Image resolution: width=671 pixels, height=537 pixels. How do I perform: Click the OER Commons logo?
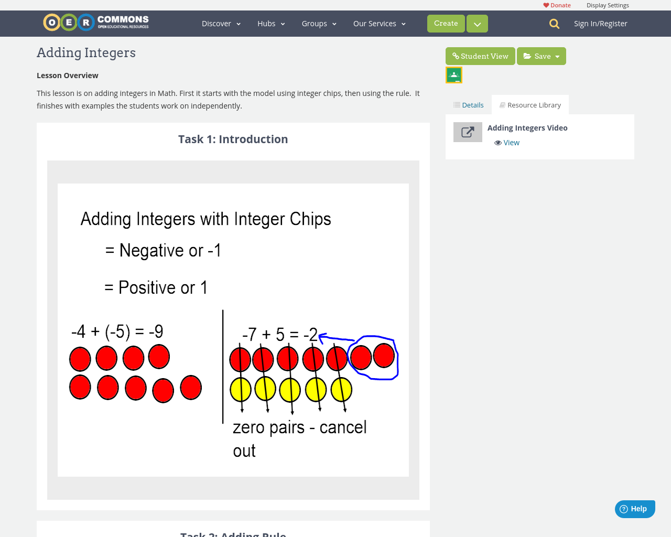[96, 23]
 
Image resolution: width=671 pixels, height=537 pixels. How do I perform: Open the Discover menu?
[221, 24]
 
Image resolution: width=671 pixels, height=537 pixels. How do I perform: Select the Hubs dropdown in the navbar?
[271, 24]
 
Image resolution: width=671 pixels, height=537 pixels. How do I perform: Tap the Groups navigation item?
[319, 24]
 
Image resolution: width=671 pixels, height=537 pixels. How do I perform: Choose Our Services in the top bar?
[379, 24]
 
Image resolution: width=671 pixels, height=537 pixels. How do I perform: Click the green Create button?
[446, 24]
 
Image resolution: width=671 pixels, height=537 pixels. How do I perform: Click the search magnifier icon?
[554, 24]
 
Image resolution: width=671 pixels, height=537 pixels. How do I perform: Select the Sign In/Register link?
[600, 24]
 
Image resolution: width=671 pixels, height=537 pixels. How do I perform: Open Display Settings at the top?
[608, 5]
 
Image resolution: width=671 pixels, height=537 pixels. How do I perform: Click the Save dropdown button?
[542, 56]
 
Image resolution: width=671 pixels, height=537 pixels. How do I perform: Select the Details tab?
[469, 105]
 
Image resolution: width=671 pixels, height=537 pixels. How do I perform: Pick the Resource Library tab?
[530, 105]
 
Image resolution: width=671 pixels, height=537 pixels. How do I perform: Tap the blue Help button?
[634, 509]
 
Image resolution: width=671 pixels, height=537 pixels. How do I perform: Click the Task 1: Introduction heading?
[233, 139]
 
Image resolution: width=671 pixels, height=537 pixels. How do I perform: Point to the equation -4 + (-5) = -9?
[117, 331]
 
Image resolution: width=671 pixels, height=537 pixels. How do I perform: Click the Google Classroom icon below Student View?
[454, 75]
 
